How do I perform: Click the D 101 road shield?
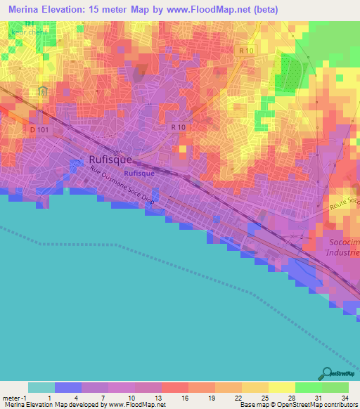pos(41,130)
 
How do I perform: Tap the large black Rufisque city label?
pos(110,160)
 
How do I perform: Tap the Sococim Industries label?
pos(344,247)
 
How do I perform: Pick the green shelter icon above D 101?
pos(44,91)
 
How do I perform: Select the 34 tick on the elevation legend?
pos(345,398)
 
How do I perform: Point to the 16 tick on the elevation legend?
pos(184,398)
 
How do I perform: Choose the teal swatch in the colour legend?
pos(41,387)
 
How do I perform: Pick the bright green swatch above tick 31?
pos(308,387)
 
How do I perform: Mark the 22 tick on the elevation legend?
pos(238,398)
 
